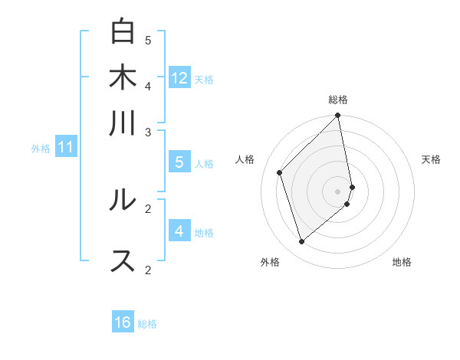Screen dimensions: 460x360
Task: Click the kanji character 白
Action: point(123,32)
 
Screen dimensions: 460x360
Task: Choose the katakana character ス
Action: point(123,260)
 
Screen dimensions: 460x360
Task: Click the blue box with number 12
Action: point(179,78)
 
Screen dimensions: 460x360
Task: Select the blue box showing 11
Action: point(65,147)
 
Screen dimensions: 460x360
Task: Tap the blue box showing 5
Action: point(179,162)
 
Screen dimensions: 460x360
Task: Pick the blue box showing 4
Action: point(179,231)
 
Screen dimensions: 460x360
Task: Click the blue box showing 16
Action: point(123,322)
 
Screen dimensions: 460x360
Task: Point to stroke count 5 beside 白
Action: point(148,40)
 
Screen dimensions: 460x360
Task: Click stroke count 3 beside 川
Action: point(148,133)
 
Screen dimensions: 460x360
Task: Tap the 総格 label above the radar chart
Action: point(338,100)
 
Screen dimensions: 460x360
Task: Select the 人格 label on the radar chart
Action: point(245,159)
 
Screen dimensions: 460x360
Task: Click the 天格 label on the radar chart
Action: point(431,159)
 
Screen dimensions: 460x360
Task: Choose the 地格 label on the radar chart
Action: point(402,262)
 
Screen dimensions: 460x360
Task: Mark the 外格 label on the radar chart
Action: point(270,262)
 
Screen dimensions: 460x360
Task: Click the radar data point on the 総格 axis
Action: point(338,116)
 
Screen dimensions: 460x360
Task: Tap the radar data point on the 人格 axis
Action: point(280,172)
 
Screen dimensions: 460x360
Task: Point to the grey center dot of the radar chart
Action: point(338,191)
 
